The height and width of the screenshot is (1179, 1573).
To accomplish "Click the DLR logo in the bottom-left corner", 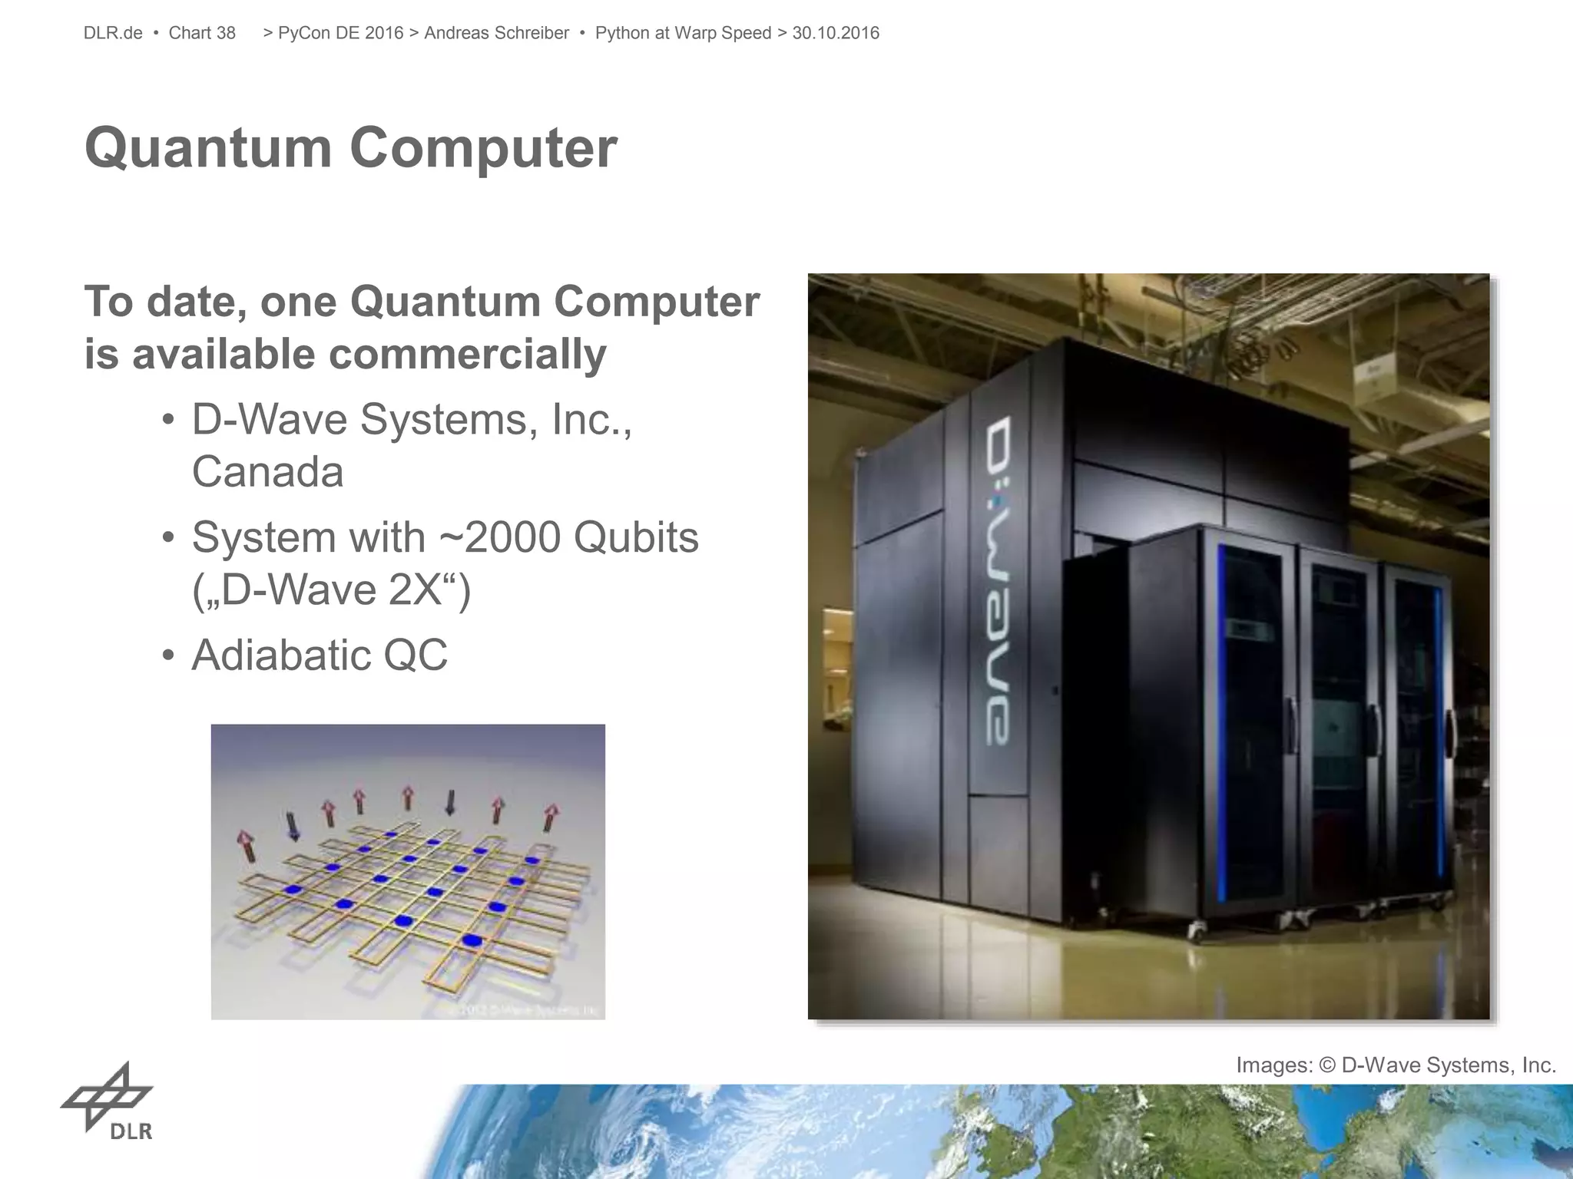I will click(x=108, y=1101).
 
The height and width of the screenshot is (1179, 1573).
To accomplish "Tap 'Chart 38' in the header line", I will click(x=202, y=33).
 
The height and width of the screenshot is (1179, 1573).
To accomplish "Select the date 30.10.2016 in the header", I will click(x=836, y=33).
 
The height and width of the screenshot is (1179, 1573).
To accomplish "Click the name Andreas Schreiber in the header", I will click(x=496, y=33).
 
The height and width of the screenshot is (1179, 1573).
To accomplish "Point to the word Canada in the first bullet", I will click(x=267, y=471).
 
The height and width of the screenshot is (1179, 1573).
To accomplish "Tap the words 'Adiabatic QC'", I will click(x=319, y=655).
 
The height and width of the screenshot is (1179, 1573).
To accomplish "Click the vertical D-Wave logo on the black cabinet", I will click(x=998, y=580).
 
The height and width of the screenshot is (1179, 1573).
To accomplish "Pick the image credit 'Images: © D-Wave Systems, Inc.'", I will click(x=1396, y=1065).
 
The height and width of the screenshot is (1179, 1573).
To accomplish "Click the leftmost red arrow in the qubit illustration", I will click(x=247, y=847).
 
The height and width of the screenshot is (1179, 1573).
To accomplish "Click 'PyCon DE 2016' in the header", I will click(x=340, y=33).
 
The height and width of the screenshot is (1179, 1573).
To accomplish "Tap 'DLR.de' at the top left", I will click(x=113, y=33).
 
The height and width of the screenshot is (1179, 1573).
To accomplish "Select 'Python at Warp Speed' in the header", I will click(x=683, y=33).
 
